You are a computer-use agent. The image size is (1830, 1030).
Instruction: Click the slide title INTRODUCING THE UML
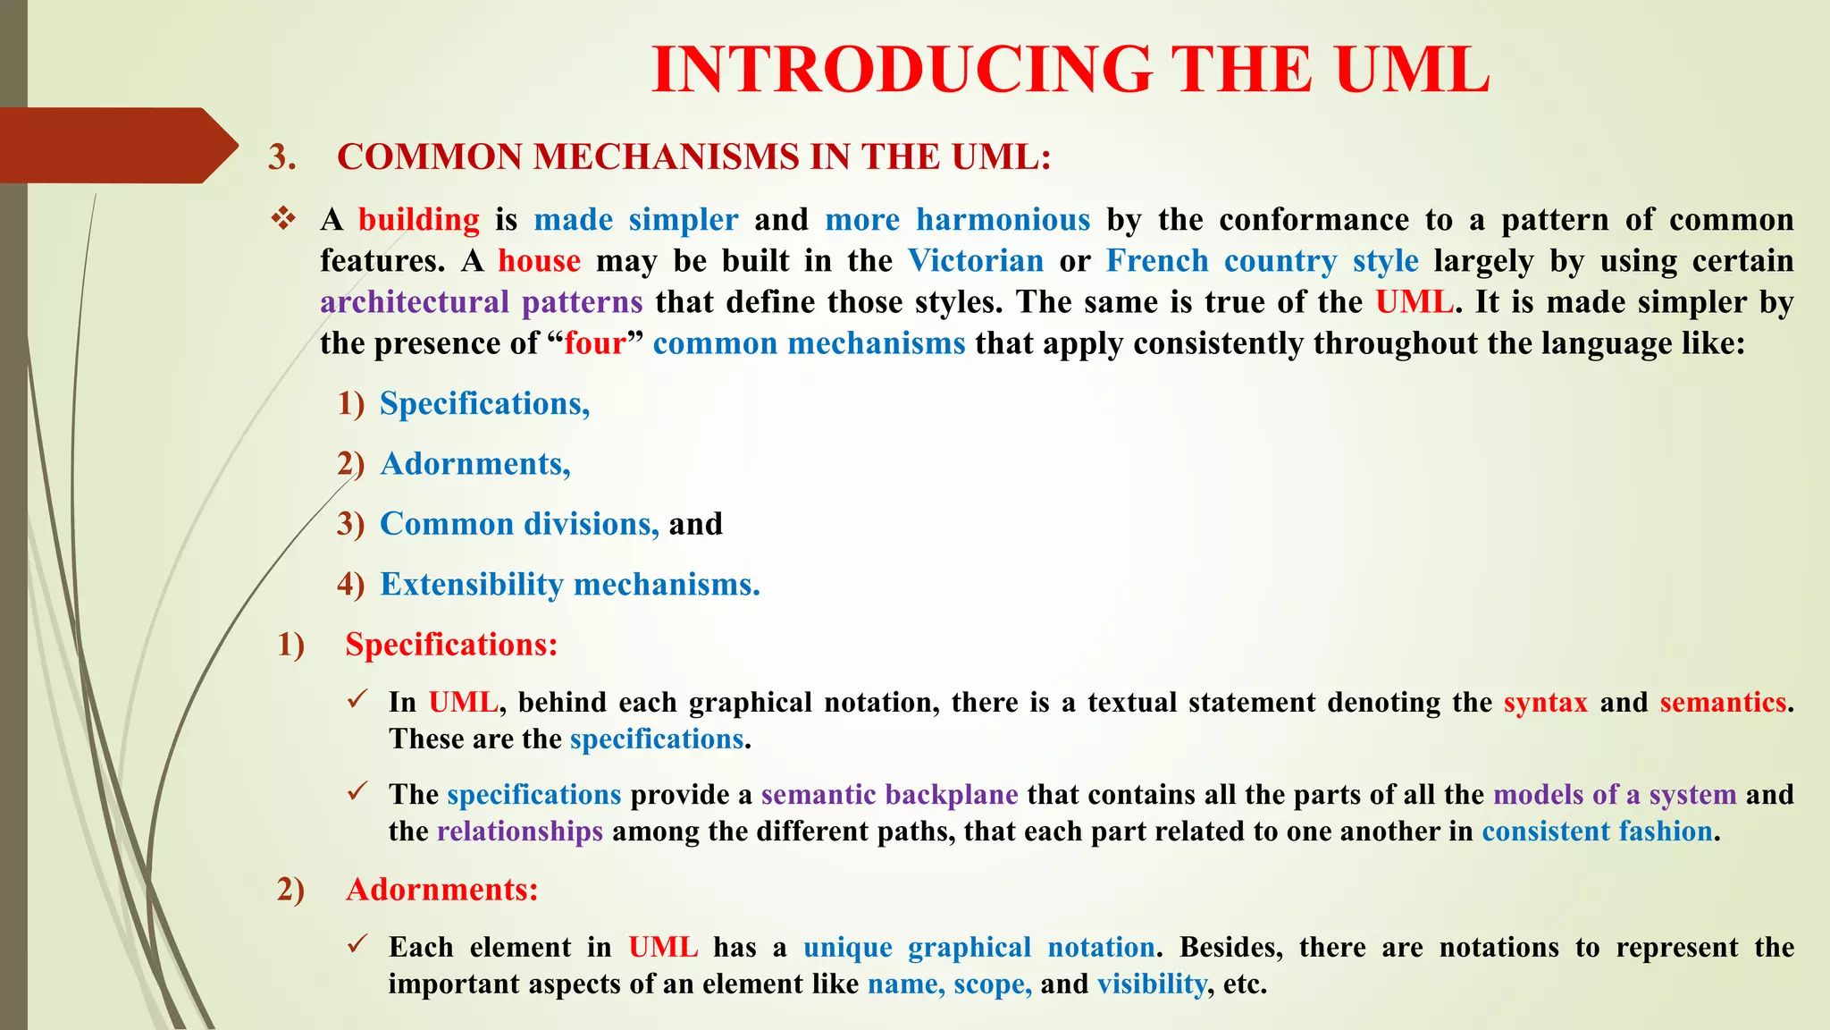coord(1070,70)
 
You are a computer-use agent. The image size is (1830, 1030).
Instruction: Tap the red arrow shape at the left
coord(116,146)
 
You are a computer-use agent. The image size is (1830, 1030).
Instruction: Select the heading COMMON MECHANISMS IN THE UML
coord(693,157)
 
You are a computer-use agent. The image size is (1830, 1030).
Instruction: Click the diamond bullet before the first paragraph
coord(283,219)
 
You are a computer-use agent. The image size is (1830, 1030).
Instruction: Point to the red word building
coord(418,220)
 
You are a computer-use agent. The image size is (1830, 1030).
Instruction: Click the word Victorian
coord(975,261)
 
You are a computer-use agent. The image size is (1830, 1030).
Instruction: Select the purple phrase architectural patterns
coord(481,302)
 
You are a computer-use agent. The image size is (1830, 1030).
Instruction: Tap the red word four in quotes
coord(594,343)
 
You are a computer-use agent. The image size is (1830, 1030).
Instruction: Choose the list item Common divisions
coord(518,524)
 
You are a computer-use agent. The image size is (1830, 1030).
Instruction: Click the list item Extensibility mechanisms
coord(569,585)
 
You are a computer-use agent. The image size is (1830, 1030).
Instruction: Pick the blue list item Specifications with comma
coord(484,404)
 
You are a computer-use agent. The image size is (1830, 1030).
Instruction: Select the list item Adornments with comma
coord(474,464)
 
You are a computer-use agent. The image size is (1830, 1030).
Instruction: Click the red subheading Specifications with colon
coord(451,645)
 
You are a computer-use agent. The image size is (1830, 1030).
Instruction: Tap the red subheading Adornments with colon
coord(441,890)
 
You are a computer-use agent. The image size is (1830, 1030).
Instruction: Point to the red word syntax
coord(1545,703)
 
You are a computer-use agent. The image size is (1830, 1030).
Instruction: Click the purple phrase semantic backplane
coord(889,795)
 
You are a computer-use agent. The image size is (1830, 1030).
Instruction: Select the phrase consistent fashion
coord(1597,832)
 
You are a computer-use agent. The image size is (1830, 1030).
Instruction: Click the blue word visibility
coord(1151,984)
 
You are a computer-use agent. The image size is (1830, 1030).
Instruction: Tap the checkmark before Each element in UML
coord(358,944)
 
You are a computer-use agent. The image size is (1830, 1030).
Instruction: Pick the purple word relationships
coord(519,832)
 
